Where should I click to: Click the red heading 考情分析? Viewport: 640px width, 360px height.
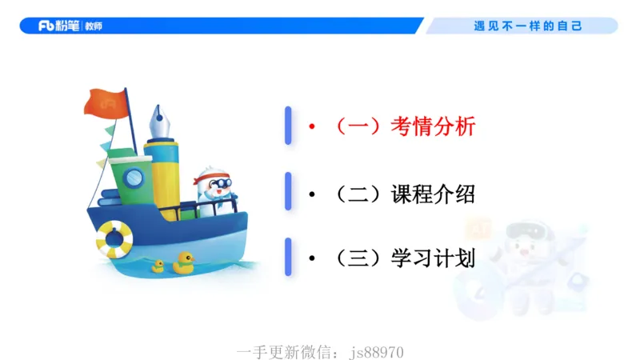(x=434, y=126)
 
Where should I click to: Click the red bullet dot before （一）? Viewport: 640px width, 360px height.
(x=313, y=126)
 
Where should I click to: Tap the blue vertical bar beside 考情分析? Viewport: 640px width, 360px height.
(x=288, y=126)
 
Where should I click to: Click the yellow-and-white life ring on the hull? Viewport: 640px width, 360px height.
(x=114, y=238)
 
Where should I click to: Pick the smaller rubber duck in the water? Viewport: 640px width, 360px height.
(x=158, y=266)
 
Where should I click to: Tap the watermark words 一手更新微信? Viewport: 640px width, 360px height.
(x=286, y=352)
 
